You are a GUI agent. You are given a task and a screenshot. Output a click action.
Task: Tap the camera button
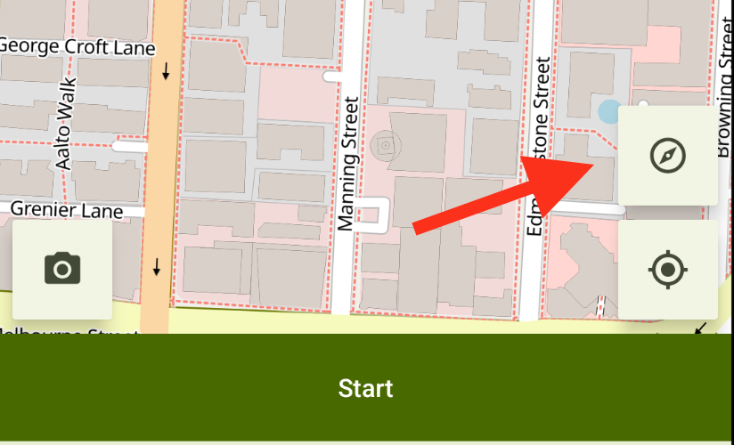point(62,268)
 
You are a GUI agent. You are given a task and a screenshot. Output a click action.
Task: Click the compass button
point(667,156)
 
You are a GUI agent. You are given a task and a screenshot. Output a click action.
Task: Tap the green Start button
point(366,388)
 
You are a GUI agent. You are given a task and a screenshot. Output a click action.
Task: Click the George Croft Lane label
point(78,45)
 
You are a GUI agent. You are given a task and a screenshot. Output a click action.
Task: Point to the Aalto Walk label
point(67,124)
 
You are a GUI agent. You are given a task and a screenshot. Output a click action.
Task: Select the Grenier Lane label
point(66,210)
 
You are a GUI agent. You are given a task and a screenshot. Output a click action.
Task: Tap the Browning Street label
point(724,98)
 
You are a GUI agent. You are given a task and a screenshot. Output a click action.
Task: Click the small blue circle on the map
point(609,111)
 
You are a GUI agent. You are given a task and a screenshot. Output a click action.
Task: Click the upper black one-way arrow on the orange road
point(166,70)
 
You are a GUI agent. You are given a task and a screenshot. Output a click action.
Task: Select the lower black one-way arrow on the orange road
point(157,265)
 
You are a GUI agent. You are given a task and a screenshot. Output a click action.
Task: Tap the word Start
point(366,388)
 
